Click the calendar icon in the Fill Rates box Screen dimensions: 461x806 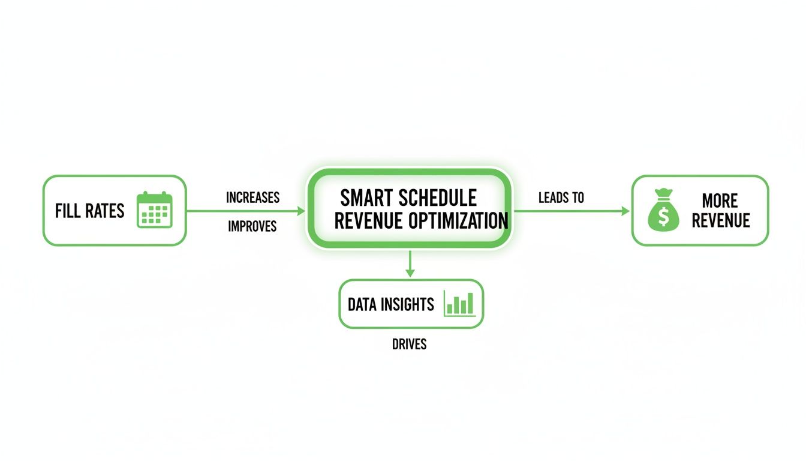[x=155, y=210]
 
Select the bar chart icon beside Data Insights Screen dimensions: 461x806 [x=459, y=304]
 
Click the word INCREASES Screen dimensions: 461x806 [x=252, y=197]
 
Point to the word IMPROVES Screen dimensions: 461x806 [x=252, y=227]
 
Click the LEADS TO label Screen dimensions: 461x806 [x=561, y=197]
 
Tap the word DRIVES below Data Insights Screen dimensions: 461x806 [x=409, y=345]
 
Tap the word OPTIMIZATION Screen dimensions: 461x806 [x=458, y=221]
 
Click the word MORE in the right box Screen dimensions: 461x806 [x=720, y=200]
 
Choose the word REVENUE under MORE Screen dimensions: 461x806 [x=720, y=221]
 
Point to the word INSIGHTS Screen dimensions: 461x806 [x=407, y=304]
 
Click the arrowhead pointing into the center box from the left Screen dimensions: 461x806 [x=302, y=211]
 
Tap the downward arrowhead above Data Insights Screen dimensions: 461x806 [x=410, y=273]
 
